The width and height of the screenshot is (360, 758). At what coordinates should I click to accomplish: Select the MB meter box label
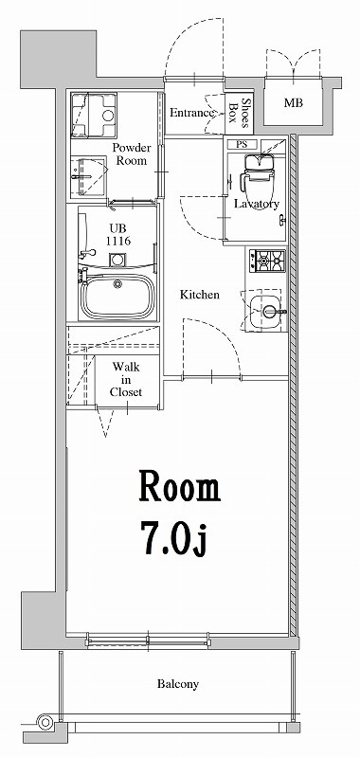point(294,102)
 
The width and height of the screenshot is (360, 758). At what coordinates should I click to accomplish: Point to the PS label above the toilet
point(243,145)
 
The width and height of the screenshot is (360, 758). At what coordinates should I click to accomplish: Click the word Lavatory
point(256,204)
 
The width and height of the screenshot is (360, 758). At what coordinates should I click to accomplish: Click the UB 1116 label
point(117,235)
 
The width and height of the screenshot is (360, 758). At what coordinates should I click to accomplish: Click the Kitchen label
point(200,295)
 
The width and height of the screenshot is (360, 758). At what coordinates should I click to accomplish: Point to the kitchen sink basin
point(266,310)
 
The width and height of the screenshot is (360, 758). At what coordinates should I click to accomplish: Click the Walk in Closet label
point(126,379)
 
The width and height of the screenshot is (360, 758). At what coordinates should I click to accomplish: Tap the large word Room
point(180,487)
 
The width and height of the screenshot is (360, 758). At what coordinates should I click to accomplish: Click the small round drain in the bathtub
point(117,283)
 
